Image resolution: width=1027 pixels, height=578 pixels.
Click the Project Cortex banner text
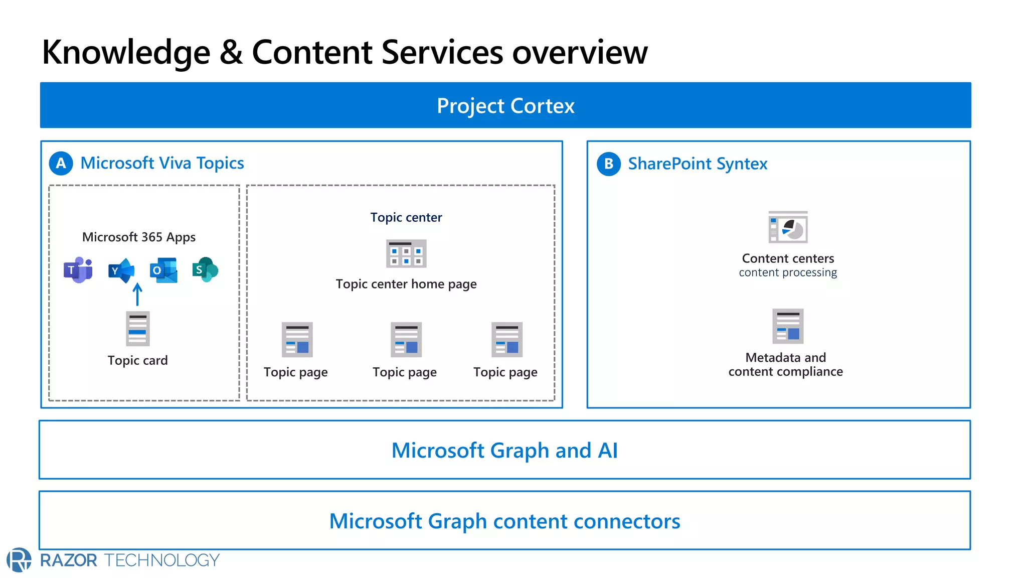(x=505, y=106)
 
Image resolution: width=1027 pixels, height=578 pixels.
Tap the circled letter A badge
(x=61, y=164)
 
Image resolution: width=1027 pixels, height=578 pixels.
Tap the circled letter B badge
(x=608, y=164)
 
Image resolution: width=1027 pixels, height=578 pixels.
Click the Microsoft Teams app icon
(x=78, y=270)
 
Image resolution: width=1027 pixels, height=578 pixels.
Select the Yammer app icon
(x=121, y=270)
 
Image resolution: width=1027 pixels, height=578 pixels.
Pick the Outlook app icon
(x=163, y=270)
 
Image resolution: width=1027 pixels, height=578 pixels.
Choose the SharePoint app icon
(x=205, y=270)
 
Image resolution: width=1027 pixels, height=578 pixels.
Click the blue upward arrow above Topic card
(x=137, y=295)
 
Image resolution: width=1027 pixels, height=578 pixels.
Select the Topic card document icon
(x=137, y=329)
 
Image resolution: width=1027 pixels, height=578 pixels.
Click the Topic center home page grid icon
(x=406, y=254)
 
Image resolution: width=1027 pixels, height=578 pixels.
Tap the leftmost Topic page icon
(x=297, y=340)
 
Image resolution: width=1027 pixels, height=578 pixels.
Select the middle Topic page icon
(x=406, y=340)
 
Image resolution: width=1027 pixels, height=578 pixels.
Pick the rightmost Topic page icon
(x=506, y=340)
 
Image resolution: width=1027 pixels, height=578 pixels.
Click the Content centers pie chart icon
(x=788, y=227)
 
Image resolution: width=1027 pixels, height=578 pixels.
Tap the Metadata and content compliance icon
(x=788, y=326)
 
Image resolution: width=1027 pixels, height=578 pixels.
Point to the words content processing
(x=787, y=272)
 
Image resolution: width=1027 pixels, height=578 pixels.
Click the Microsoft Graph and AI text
(x=504, y=451)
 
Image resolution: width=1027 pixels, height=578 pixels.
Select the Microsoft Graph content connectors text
(x=504, y=521)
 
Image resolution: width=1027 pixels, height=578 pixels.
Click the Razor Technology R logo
(x=19, y=560)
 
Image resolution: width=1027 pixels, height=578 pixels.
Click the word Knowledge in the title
(x=126, y=53)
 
